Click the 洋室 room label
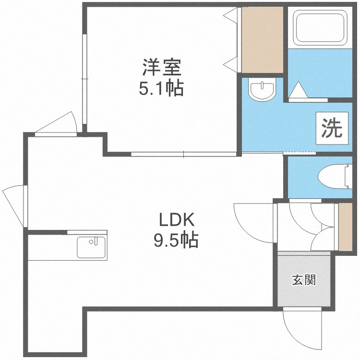[161, 67]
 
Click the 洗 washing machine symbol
[331, 128]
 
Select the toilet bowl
[331, 176]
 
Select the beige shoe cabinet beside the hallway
[345, 227]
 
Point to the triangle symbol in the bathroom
[299, 90]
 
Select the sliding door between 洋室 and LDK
[184, 154]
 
